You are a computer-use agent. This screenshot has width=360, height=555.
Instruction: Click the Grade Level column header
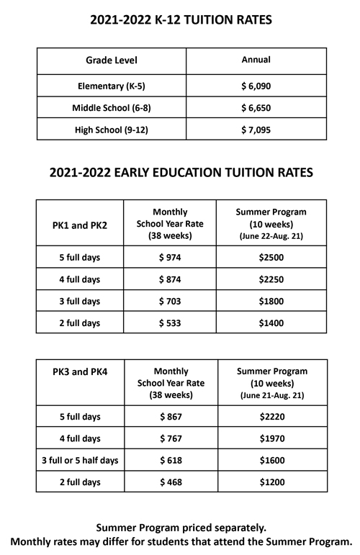pos(111,60)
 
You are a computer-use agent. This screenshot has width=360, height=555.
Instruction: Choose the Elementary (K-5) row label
pos(111,86)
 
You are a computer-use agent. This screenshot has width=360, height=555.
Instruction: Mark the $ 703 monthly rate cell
pos(171,301)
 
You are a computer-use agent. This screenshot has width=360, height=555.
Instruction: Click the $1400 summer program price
pos(272,322)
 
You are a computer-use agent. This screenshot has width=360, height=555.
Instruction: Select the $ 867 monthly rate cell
pos(171,416)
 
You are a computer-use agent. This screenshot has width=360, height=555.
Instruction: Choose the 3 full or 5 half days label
pos(81,459)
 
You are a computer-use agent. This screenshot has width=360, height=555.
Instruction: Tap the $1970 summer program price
pos(272,438)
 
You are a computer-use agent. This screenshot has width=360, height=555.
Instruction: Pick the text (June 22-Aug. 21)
pos(272,236)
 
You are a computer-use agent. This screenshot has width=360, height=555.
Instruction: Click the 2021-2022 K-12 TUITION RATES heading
pos(180,22)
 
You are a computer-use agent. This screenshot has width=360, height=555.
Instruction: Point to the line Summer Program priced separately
pos(180,528)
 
